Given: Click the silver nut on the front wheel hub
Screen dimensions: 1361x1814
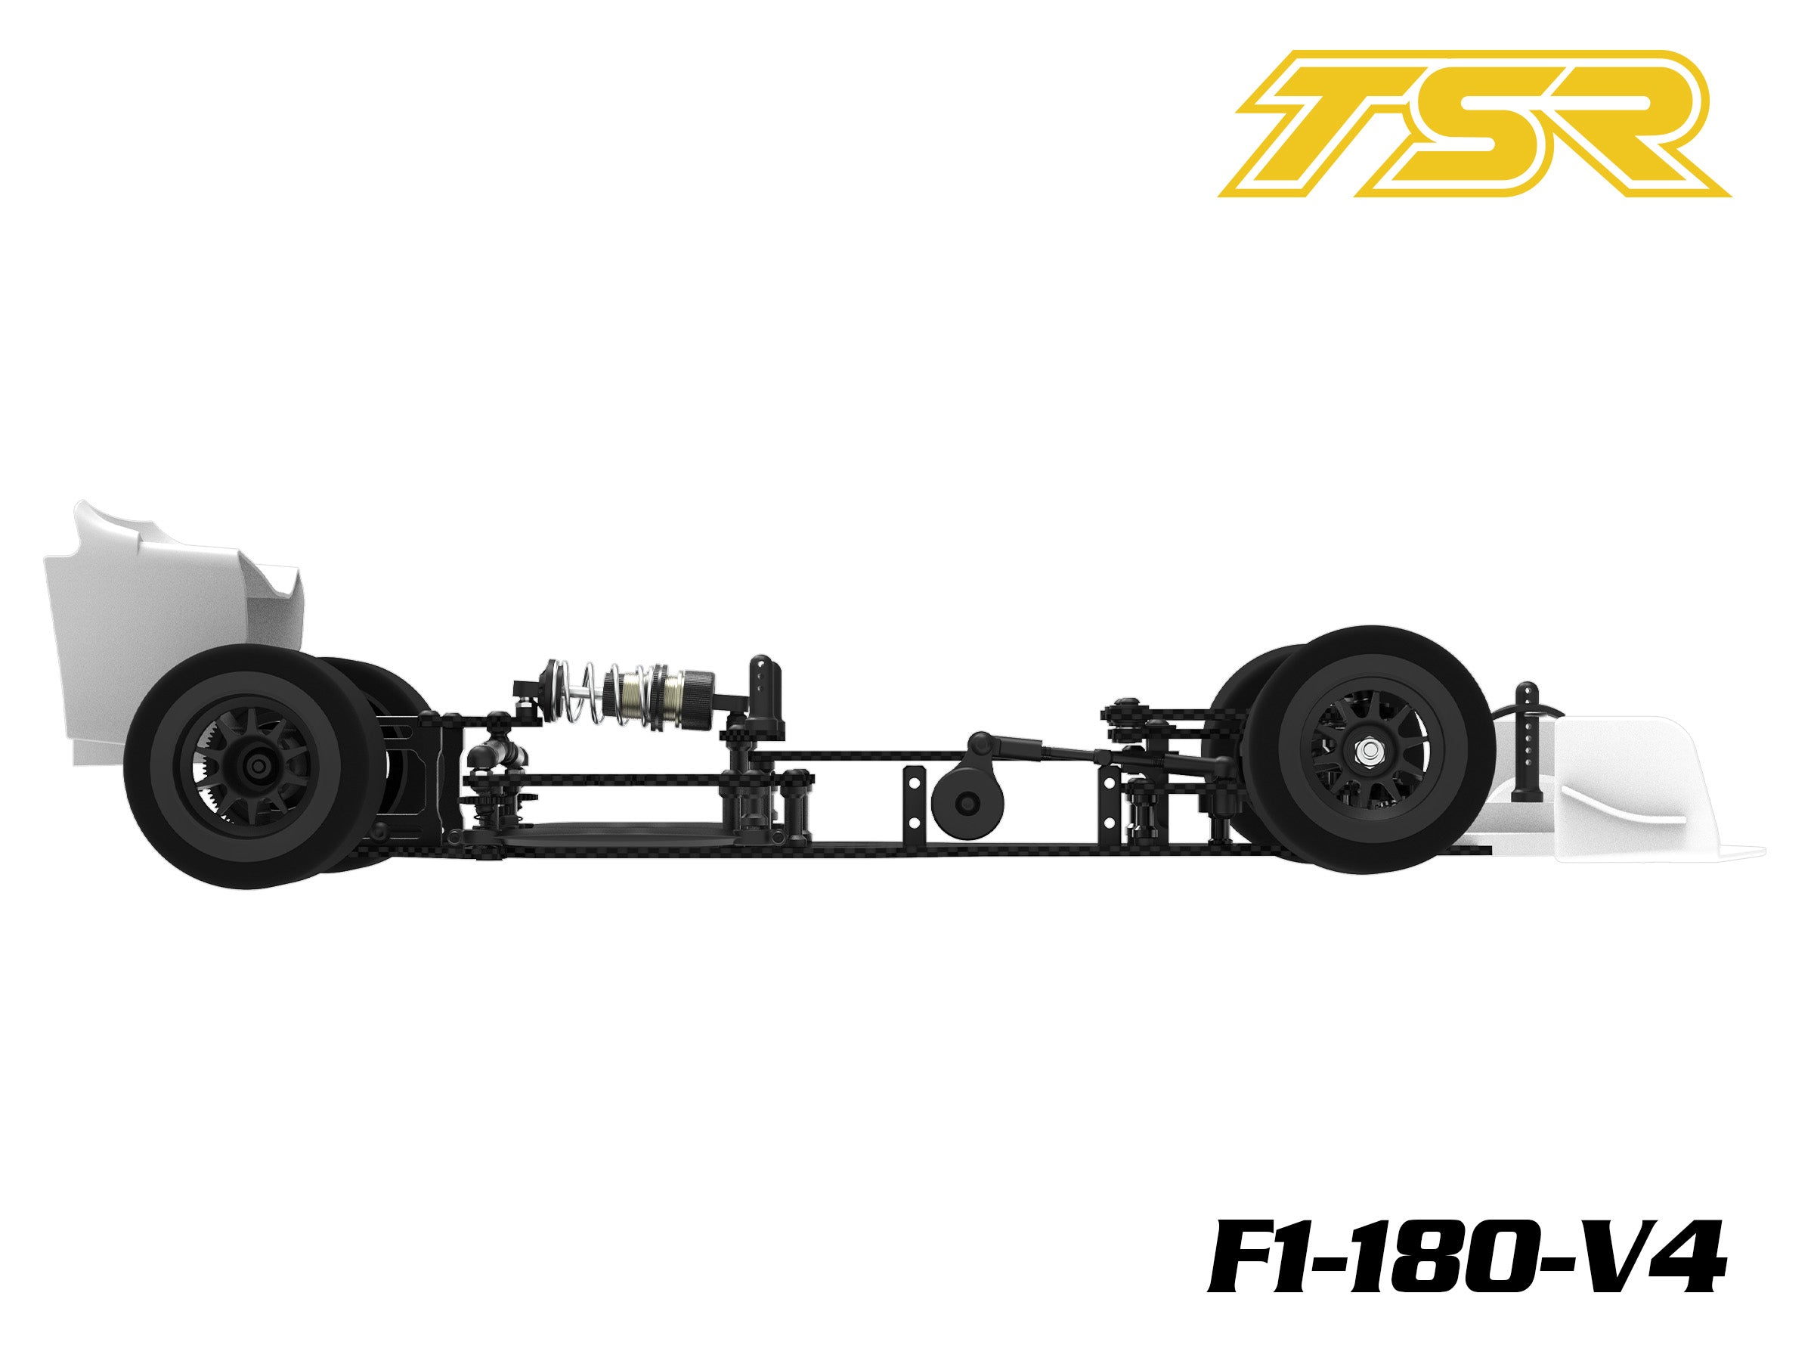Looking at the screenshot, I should [x=1367, y=749].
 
